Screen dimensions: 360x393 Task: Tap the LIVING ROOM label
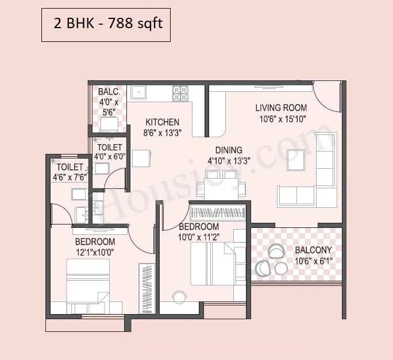(x=281, y=107)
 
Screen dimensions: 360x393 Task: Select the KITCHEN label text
(x=162, y=122)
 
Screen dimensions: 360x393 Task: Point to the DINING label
(x=229, y=150)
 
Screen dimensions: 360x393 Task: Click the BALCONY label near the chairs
(x=313, y=250)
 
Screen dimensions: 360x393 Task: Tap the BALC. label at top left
(x=109, y=92)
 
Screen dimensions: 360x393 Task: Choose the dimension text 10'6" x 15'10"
(x=281, y=118)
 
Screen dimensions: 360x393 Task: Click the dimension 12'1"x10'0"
(x=95, y=252)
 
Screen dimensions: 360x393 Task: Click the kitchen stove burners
(x=180, y=92)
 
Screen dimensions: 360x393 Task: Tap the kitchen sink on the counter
(x=138, y=92)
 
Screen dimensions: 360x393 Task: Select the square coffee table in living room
(x=296, y=160)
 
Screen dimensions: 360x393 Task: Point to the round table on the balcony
(x=281, y=268)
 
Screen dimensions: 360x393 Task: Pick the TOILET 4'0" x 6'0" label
(x=109, y=152)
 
